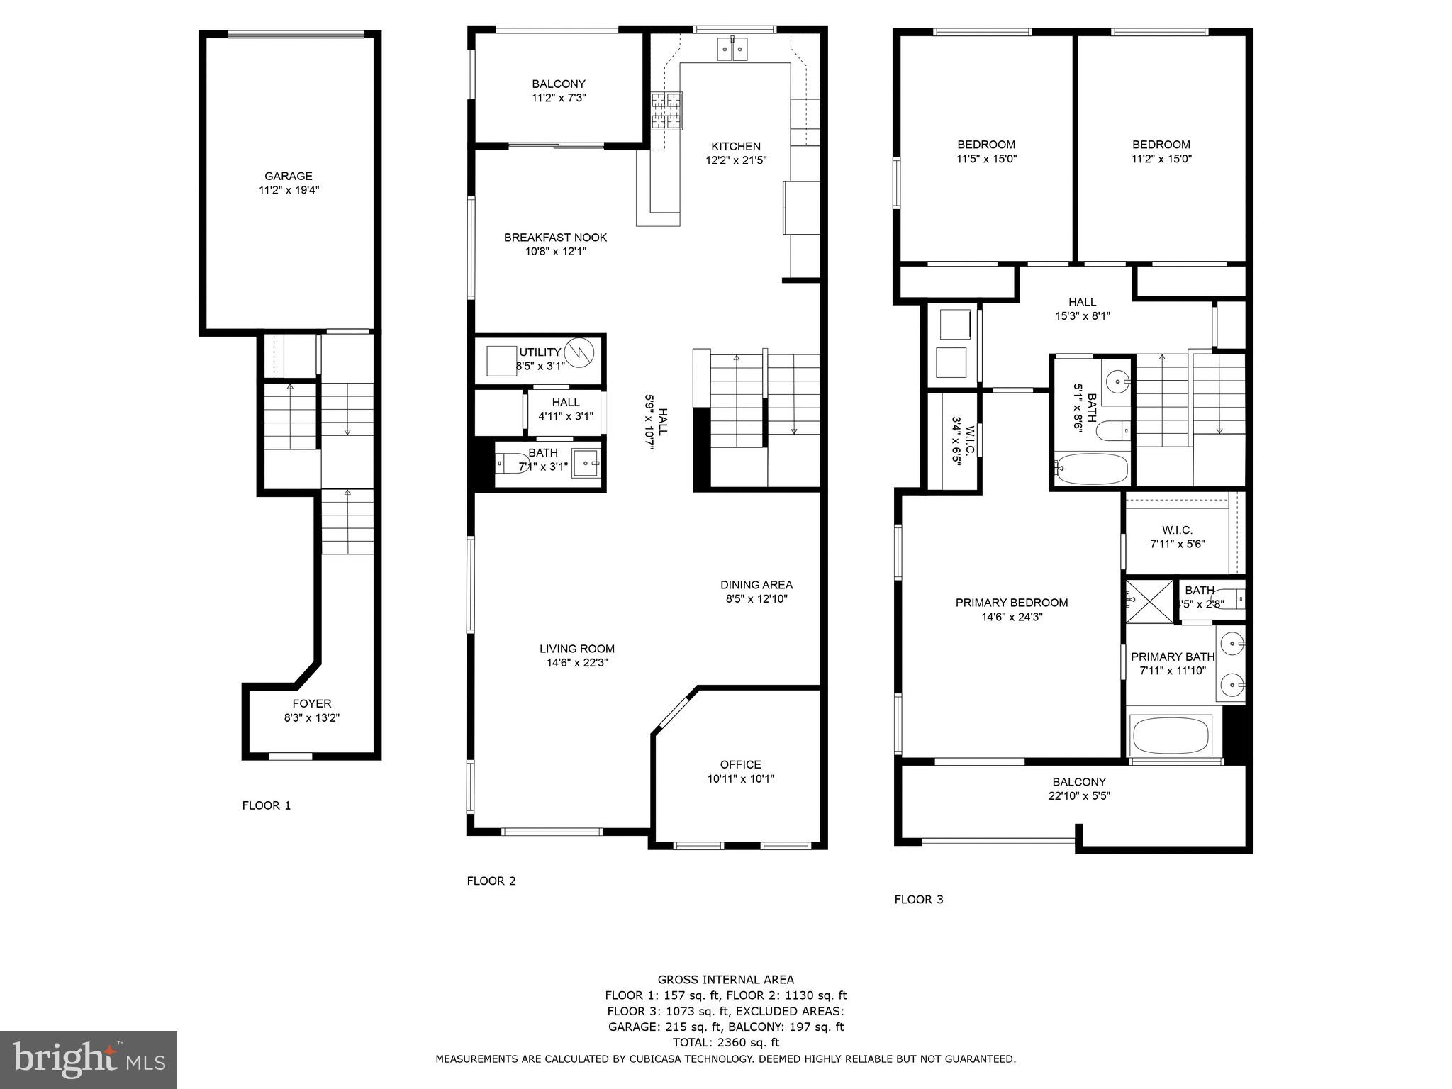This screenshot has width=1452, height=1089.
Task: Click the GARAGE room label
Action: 289,177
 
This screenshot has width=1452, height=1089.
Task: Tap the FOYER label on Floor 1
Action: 312,704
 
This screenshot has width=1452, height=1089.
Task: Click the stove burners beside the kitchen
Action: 666,111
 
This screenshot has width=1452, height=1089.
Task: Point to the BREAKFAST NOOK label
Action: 555,238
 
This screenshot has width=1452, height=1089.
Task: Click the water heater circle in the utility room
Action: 579,352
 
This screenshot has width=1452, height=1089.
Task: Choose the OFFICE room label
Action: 740,764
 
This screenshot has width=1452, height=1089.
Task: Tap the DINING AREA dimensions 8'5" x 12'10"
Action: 756,599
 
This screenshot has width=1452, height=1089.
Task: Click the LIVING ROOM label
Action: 576,649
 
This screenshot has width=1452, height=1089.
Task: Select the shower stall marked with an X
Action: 1149,601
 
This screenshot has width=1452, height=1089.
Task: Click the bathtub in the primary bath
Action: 1171,736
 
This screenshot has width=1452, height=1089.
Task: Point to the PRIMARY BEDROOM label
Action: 1011,603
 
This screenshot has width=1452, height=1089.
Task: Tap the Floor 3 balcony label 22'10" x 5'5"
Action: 1079,795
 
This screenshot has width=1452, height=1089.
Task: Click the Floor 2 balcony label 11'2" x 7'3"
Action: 559,98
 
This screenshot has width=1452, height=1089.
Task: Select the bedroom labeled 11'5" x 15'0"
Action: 986,152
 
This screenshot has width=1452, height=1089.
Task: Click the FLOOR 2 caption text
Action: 491,881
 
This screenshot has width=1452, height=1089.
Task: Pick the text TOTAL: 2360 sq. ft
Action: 725,1042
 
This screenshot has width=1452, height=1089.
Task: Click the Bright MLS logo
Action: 89,1060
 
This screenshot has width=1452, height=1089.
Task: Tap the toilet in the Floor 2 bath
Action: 512,464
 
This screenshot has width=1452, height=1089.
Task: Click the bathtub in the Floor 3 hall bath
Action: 1090,469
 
